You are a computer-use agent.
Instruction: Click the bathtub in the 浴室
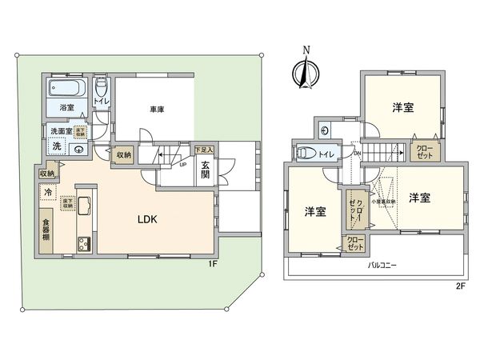point(66,89)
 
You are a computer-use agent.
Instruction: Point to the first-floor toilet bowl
point(102,86)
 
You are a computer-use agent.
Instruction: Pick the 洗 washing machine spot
point(56,146)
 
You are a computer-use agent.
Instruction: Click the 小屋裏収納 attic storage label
point(388,202)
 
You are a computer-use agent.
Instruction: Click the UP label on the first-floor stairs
point(183,166)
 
